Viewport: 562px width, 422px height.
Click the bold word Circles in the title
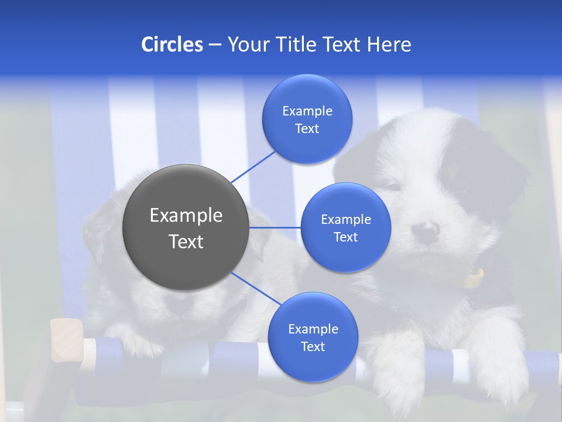(x=172, y=45)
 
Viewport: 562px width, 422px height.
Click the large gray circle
(x=186, y=227)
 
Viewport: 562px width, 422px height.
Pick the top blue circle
(x=307, y=119)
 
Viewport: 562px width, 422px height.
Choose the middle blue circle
(x=345, y=227)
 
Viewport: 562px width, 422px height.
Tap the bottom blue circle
(x=313, y=337)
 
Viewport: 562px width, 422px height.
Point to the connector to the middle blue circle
(x=275, y=227)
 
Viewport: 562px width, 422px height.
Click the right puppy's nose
(x=426, y=232)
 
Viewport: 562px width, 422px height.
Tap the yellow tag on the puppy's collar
(x=474, y=278)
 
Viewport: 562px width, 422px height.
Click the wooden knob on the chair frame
(x=66, y=340)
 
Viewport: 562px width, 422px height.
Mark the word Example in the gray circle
(x=186, y=215)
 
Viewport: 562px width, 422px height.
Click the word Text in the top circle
(x=307, y=129)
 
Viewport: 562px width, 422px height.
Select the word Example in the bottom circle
(x=313, y=329)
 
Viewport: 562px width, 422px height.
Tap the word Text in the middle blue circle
(x=345, y=237)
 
